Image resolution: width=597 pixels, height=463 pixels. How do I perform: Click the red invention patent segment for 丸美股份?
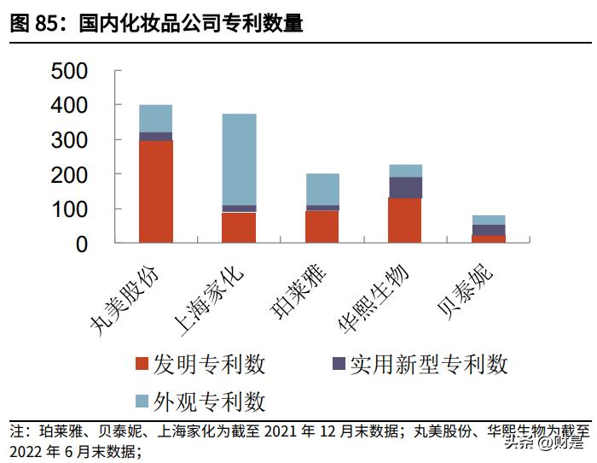click(155, 191)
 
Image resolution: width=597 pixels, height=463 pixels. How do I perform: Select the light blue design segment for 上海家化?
click(239, 159)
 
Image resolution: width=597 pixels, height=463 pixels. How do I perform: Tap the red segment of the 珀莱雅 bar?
click(322, 226)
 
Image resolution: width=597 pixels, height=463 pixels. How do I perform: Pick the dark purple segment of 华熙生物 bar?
click(405, 187)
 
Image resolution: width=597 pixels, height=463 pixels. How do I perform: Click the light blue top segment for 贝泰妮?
click(489, 220)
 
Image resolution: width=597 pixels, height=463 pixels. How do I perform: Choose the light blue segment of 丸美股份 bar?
click(155, 118)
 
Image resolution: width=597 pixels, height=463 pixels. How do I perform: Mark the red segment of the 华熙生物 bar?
click(405, 220)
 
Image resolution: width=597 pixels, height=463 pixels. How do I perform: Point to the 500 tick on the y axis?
click(81, 70)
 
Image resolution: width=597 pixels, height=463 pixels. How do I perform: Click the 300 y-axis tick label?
click(81, 139)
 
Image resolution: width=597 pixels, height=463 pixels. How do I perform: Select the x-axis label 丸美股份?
click(127, 294)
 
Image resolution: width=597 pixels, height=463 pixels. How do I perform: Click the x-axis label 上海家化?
click(210, 294)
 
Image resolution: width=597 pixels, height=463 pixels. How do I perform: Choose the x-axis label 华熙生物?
click(376, 296)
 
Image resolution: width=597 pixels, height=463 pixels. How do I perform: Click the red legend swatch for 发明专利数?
click(142, 364)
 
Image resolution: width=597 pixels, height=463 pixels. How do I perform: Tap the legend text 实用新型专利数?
click(429, 364)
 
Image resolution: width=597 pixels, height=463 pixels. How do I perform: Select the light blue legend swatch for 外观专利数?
click(142, 400)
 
